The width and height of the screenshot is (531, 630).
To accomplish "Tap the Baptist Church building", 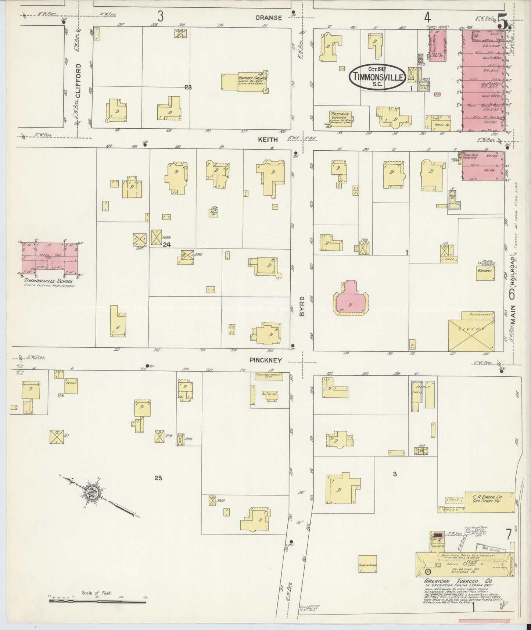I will (244, 82).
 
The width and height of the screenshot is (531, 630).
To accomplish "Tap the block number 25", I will (158, 478).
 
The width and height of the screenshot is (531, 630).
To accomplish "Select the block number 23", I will (188, 87).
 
